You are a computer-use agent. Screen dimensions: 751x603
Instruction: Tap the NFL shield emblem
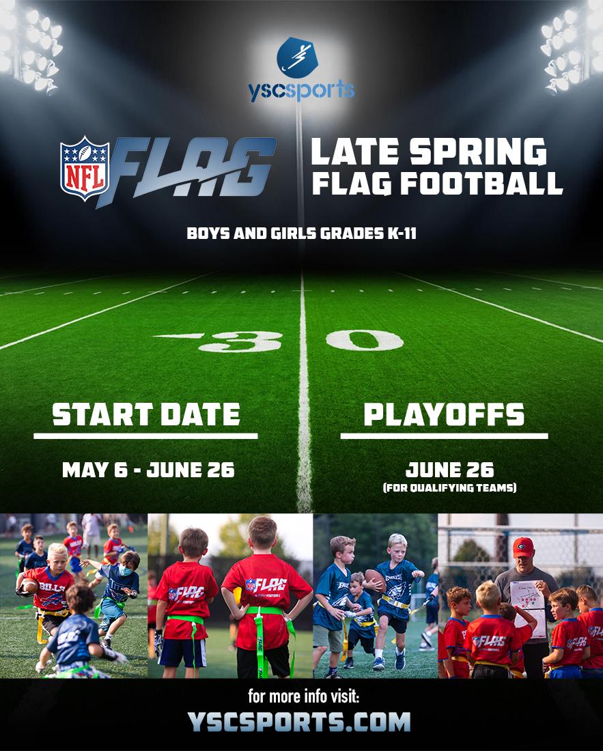pos(85,168)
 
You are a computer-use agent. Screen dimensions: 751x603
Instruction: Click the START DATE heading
pos(146,414)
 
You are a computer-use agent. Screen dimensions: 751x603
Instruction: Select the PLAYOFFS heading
pos(444,414)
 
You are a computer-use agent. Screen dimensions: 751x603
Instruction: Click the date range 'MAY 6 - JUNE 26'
pos(148,470)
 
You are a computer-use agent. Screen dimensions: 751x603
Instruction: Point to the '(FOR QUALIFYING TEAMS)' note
pos(449,487)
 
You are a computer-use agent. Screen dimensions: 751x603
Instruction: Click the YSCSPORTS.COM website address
pos(300,721)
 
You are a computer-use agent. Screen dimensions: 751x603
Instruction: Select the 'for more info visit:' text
pos(300,697)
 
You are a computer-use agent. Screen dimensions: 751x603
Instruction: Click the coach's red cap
pos(522,547)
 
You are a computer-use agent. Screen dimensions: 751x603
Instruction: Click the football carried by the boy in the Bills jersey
pos(29,585)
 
